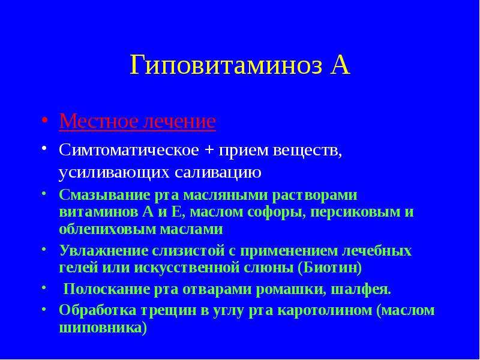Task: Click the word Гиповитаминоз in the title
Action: [x=226, y=65]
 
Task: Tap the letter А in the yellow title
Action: [x=340, y=65]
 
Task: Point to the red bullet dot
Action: [x=44, y=119]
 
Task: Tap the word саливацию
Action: [x=218, y=172]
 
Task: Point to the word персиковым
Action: [x=356, y=212]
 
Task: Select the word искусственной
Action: [x=187, y=268]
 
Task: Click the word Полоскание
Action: [x=106, y=289]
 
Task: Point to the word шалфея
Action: [x=361, y=290]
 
